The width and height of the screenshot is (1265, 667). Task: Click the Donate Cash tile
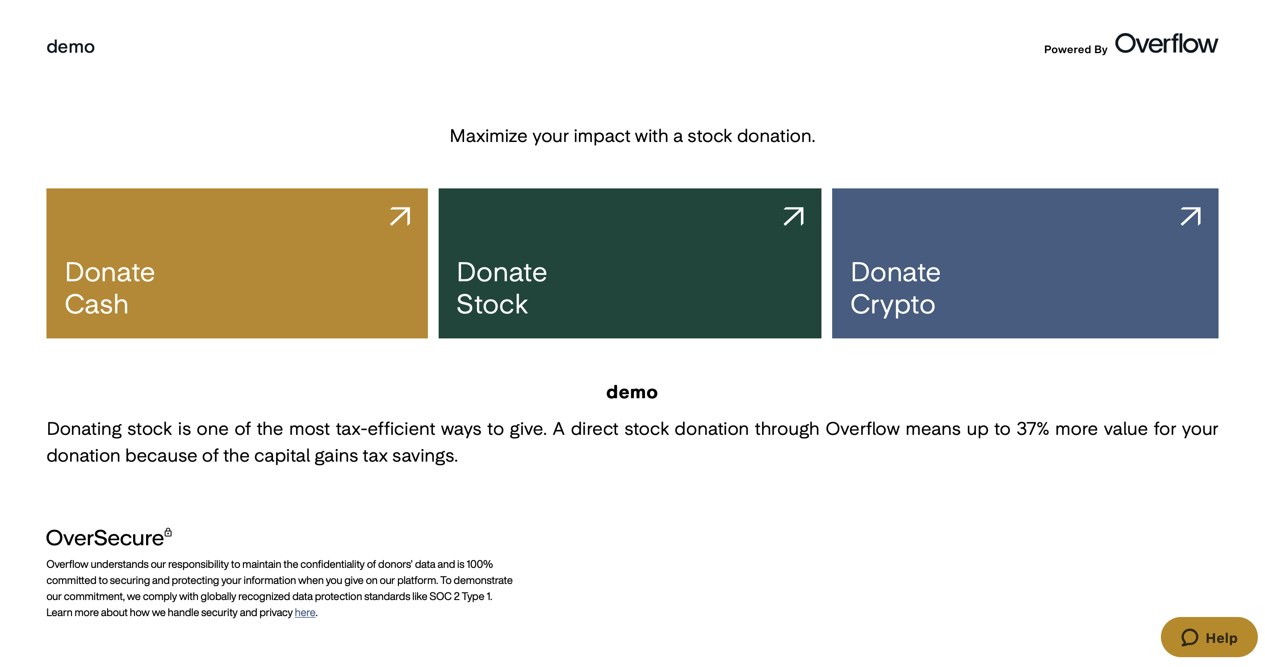pos(237,263)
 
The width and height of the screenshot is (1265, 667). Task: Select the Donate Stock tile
pos(629,263)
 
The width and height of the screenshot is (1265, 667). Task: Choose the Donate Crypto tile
pos(1025,263)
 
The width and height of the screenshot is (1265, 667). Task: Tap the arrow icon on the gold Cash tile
pos(400,217)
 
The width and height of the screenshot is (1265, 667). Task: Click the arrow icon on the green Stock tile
pos(794,217)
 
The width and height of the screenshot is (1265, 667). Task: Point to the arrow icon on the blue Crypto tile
pos(1190,217)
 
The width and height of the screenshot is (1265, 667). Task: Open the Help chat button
pos(1209,637)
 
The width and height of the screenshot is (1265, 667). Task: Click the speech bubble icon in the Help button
pos(1190,638)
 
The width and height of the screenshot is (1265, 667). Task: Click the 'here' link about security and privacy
pos(305,613)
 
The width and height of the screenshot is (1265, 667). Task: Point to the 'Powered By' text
pos(1076,50)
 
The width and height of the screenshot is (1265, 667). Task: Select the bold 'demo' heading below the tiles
pos(632,392)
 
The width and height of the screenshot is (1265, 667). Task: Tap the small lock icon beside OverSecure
pos(168,532)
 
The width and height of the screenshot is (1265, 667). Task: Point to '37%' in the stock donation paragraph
pos(1033,429)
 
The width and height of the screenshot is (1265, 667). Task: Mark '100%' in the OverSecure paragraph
pos(479,564)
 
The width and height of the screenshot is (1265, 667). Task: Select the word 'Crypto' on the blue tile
pos(893,305)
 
